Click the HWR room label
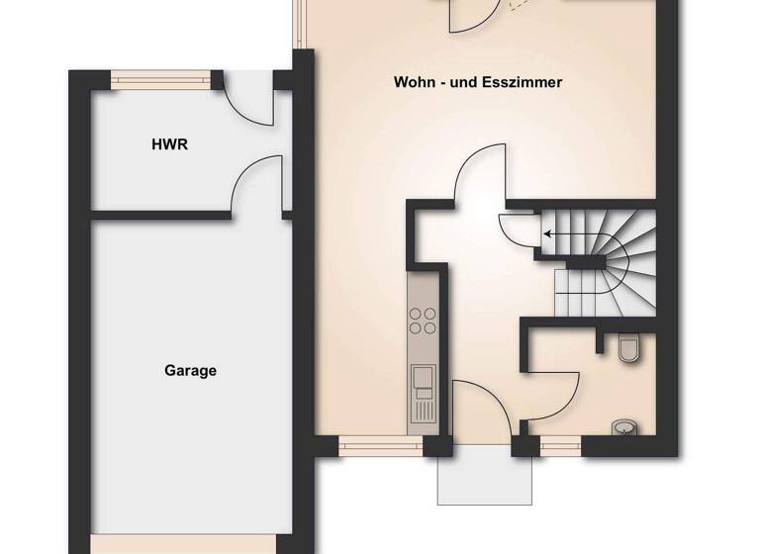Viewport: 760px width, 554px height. coord(169,144)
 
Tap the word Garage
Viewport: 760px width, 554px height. coord(190,371)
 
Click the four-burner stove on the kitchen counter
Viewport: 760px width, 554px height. coord(423,320)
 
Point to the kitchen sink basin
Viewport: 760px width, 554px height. coord(423,376)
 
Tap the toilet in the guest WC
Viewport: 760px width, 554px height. coord(627,348)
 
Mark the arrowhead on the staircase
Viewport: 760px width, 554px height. coord(545,234)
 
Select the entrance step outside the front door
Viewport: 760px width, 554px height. coord(484,480)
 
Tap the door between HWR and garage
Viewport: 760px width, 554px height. coord(255,188)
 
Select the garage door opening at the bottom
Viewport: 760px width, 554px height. coord(182,544)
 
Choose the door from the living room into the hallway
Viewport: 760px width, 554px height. coord(481,173)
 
